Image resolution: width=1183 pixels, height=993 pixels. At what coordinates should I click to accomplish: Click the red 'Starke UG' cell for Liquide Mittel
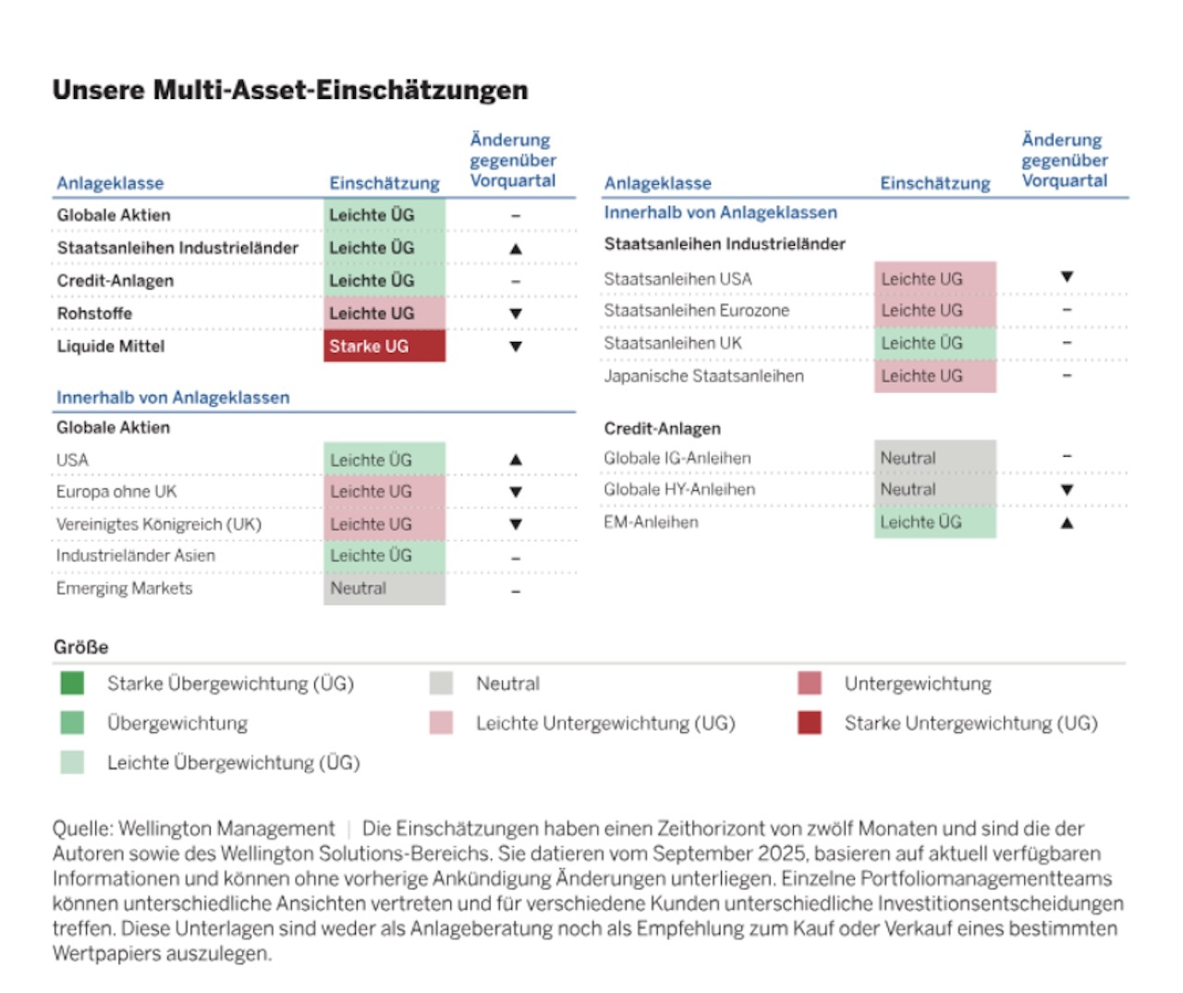(384, 347)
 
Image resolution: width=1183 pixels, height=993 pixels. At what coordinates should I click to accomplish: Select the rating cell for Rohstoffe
(384, 313)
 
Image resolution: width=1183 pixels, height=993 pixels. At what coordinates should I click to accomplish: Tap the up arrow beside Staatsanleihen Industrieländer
(516, 249)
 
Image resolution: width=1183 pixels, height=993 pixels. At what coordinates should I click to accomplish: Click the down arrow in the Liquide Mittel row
(516, 347)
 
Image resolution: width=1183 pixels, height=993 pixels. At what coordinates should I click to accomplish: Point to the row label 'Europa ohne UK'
(116, 492)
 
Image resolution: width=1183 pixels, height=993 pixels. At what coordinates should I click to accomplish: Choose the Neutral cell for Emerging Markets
(384, 589)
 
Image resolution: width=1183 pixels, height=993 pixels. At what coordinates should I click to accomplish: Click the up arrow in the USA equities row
(516, 460)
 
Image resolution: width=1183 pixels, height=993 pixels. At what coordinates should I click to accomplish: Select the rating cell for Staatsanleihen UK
(934, 343)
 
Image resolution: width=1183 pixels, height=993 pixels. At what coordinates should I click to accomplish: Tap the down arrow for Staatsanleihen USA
(1067, 277)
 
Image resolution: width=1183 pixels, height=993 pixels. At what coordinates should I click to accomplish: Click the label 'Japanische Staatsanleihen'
(703, 376)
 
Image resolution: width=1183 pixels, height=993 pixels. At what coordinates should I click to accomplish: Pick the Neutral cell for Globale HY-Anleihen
(934, 490)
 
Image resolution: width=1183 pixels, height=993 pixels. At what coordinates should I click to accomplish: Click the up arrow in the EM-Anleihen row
(1067, 523)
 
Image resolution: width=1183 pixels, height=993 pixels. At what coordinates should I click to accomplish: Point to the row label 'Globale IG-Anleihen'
(677, 458)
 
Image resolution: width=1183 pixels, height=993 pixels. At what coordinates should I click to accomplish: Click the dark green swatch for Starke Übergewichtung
(72, 683)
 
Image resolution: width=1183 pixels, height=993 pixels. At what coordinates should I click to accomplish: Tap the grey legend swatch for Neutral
(441, 683)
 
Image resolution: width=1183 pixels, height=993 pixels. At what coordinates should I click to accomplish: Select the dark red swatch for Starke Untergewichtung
(810, 723)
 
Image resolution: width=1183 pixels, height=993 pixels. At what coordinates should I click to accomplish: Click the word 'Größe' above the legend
(80, 647)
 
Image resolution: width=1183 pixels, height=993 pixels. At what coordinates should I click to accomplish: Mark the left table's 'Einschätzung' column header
(384, 183)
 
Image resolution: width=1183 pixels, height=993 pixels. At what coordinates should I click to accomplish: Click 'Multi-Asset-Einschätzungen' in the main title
(340, 90)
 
